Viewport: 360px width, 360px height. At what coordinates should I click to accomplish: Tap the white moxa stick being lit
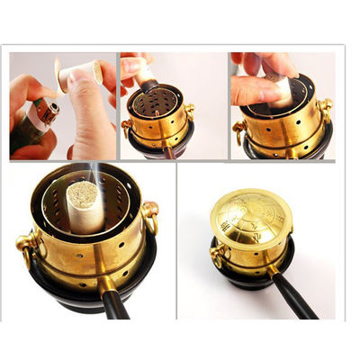(76, 76)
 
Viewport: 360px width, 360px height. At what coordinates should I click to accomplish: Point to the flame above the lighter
(56, 72)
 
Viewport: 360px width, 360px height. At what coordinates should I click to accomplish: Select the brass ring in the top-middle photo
(190, 112)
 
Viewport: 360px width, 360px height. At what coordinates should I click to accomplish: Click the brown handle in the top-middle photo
(168, 153)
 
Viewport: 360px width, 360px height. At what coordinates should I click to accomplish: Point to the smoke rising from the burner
(83, 173)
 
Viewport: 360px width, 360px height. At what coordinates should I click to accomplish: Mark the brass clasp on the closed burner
(217, 257)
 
